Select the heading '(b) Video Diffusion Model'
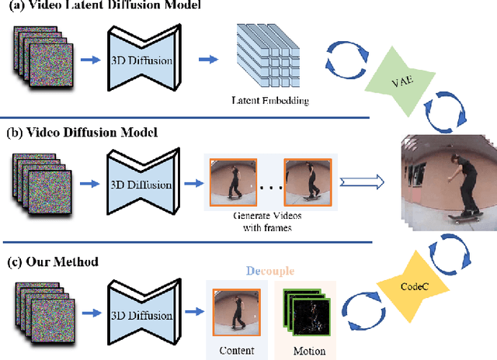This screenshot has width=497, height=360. point(82,133)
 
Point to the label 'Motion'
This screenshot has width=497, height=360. point(308,350)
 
